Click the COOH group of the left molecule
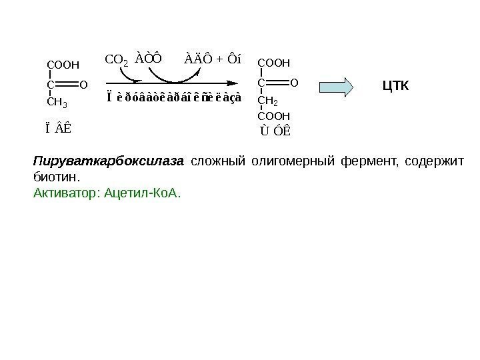(63, 65)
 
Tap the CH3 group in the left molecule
(57, 103)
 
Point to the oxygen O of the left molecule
(83, 85)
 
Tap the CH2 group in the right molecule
(268, 101)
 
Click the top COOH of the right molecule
(274, 63)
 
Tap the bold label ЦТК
(396, 86)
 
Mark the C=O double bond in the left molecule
(67, 85)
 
